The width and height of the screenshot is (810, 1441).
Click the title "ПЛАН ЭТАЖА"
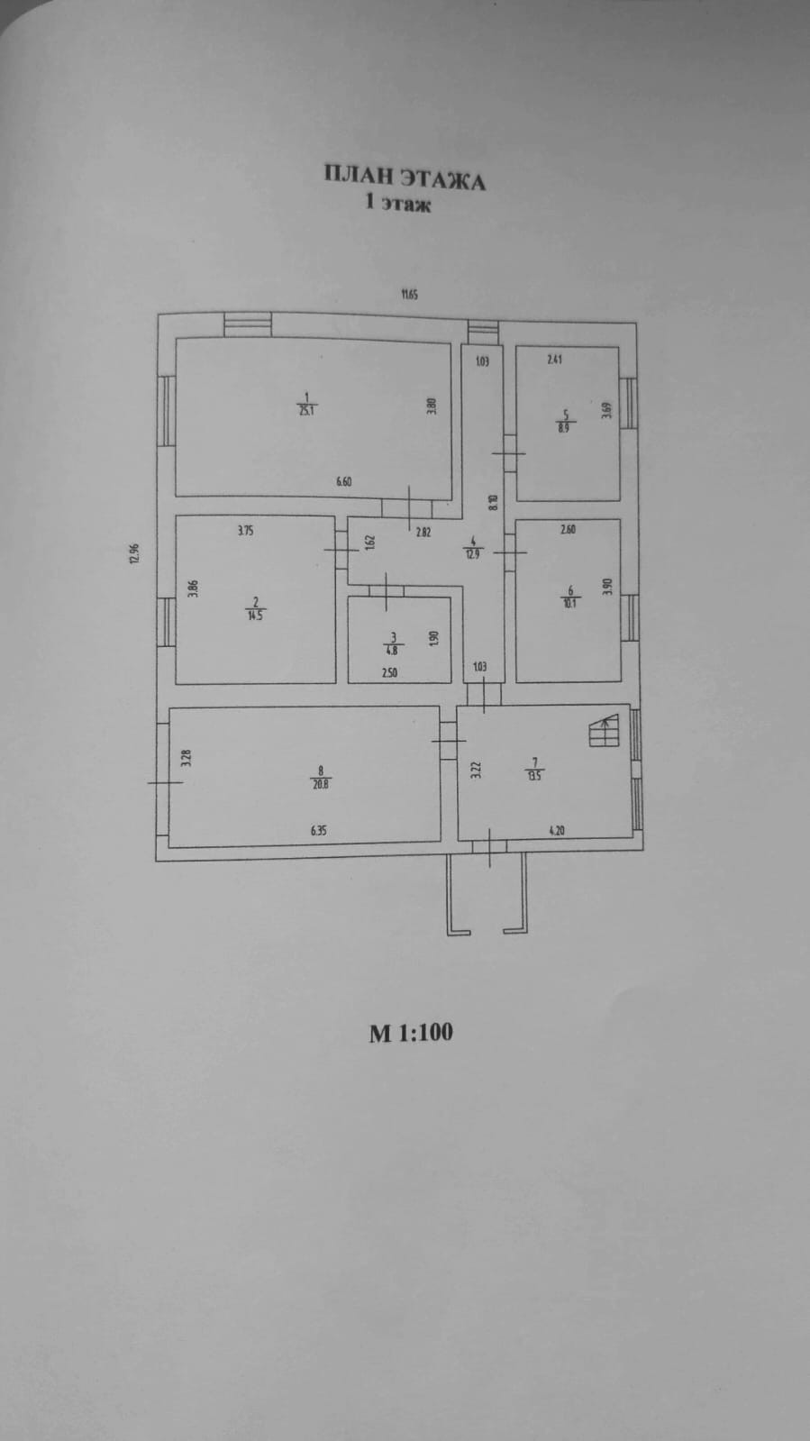(x=405, y=178)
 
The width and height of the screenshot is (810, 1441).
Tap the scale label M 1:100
(x=411, y=1032)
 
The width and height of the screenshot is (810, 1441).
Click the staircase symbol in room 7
(x=604, y=729)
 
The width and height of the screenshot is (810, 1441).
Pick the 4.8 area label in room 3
(x=393, y=646)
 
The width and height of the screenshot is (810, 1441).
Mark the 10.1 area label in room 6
(x=569, y=603)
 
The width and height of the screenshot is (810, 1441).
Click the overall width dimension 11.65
(x=410, y=293)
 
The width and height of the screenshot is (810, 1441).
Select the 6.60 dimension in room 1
(x=343, y=481)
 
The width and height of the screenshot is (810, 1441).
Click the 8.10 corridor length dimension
(x=492, y=503)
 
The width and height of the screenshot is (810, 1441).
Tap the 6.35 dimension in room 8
(x=318, y=831)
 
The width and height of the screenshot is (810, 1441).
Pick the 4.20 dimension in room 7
(x=556, y=831)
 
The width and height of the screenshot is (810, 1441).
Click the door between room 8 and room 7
(x=448, y=740)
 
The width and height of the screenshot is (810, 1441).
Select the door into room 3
(x=386, y=590)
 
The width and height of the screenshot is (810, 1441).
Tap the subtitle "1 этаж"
(x=396, y=205)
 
